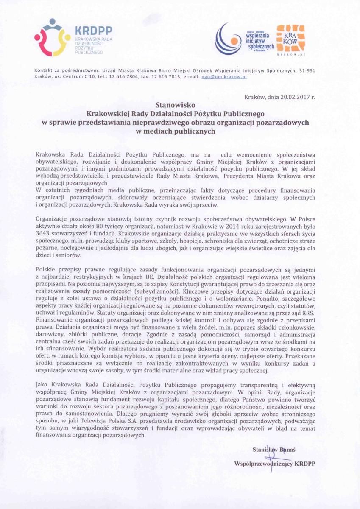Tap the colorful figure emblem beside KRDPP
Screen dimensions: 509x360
tap(52, 37)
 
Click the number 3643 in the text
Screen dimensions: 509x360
tap(45, 233)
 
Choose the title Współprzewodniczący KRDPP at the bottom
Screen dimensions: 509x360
tap(275, 464)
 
